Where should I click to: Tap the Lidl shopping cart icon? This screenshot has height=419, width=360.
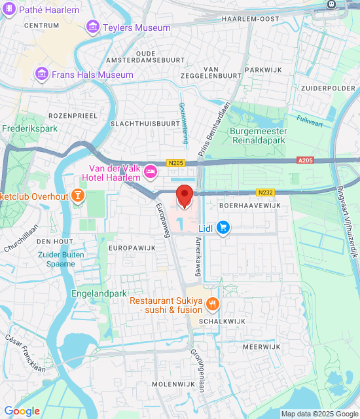click(x=224, y=227)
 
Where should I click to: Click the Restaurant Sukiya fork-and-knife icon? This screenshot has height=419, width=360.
click(x=212, y=304)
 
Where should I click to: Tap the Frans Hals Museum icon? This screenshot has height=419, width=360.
click(x=43, y=75)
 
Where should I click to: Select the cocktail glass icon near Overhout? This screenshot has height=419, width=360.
click(x=78, y=195)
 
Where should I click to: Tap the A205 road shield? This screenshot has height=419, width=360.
click(x=306, y=160)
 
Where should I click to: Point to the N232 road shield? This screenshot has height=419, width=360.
click(x=265, y=192)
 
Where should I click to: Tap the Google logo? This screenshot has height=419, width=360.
click(x=22, y=410)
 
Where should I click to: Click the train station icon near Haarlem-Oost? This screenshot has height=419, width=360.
click(x=331, y=4)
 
